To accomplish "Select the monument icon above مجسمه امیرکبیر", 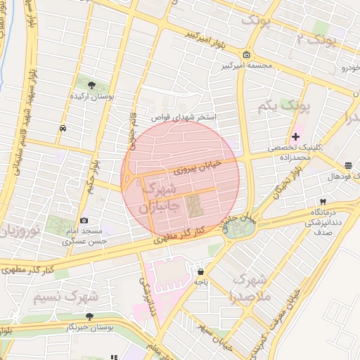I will point(245,56).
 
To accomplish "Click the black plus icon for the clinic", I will point(295,136).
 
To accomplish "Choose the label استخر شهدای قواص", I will point(187,117).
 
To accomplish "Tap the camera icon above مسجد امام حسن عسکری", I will point(84,221).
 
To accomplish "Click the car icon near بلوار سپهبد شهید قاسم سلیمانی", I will point(63,129).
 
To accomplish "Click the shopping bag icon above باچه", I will point(201,271).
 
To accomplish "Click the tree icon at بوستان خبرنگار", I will point(89,317).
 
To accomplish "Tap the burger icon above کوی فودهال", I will point(349,166).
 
